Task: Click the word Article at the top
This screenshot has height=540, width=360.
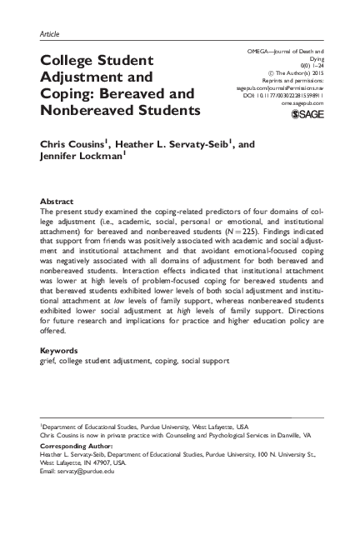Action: tap(49, 33)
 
